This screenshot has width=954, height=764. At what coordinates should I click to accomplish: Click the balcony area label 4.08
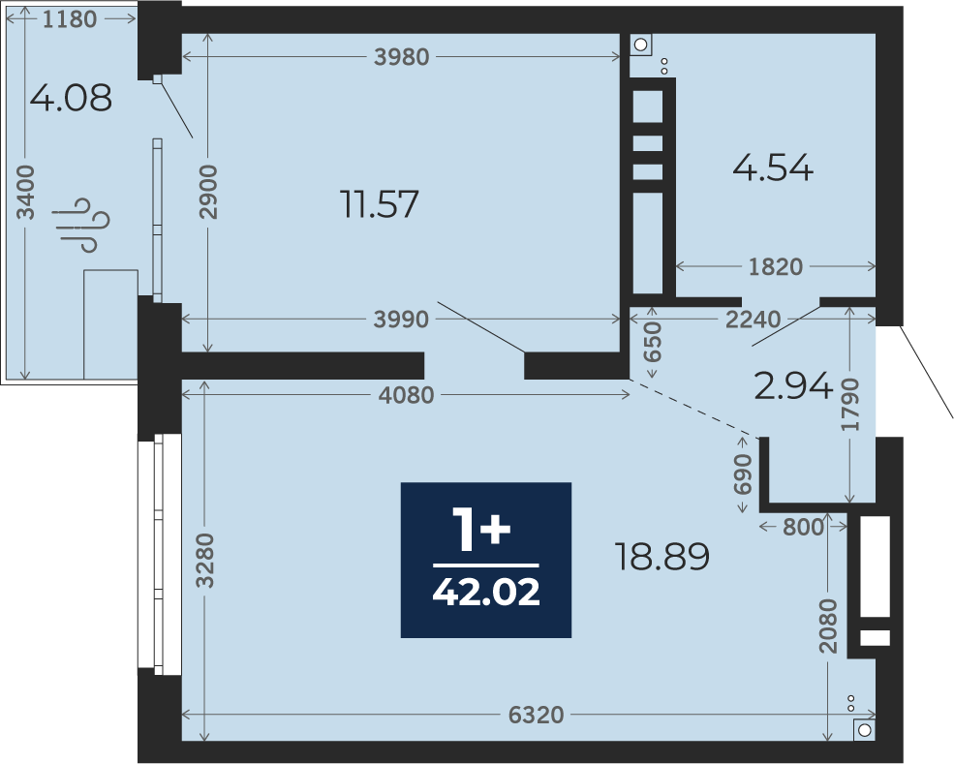point(71,98)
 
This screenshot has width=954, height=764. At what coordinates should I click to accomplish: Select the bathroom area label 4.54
point(773,168)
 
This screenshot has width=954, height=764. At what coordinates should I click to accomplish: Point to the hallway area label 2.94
point(793,385)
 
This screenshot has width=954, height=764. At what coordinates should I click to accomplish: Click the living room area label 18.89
point(662,556)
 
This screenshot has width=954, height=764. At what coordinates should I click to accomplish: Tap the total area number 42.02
point(486,592)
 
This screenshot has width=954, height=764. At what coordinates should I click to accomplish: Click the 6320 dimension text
point(536,715)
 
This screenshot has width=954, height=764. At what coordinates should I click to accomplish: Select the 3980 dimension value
point(402,56)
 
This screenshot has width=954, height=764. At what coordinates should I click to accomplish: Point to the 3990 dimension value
point(401,319)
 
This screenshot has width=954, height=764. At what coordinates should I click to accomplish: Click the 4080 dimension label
point(407,395)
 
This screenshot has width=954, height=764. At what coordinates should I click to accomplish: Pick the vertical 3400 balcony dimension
point(25,193)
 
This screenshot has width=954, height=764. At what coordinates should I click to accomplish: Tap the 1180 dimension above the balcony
point(70,19)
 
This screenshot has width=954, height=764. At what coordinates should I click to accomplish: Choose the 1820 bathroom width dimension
point(776,266)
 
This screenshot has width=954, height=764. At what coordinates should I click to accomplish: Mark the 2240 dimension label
point(753,319)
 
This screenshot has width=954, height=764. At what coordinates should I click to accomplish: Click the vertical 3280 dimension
point(205,561)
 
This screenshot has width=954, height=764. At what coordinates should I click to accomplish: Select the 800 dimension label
point(803,527)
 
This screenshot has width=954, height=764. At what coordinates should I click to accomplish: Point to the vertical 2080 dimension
point(828,626)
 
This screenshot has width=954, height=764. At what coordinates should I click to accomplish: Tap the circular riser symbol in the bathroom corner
point(640,45)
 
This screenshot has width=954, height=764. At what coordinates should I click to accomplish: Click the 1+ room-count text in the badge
point(480,530)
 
